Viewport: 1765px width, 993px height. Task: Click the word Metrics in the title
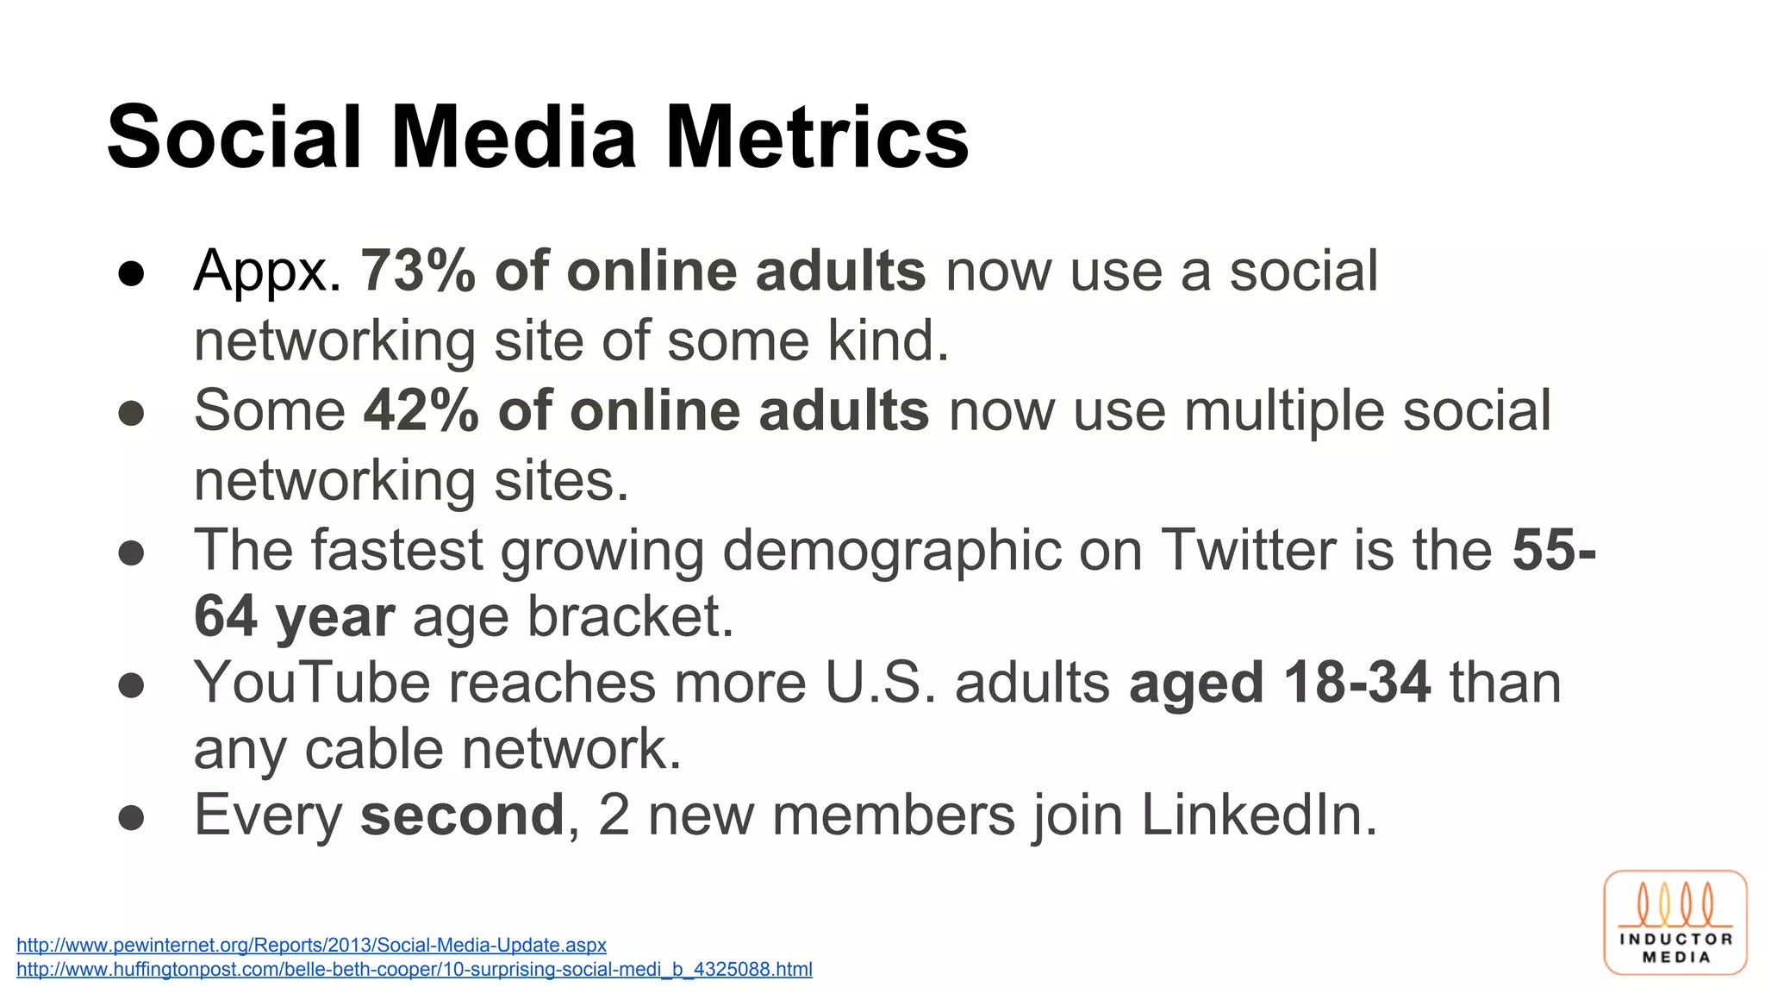coord(817,138)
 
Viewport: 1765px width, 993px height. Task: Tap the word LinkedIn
coord(1259,815)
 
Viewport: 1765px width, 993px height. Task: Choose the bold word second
coord(462,815)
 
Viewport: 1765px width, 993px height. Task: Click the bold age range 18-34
coord(1357,683)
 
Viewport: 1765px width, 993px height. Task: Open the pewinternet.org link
coord(311,945)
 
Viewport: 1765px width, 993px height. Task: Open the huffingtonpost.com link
coord(415,969)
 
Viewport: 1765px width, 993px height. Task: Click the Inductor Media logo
coord(1675,922)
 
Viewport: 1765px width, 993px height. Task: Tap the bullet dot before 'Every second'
coord(131,817)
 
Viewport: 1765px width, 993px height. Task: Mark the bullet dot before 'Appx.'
coord(131,273)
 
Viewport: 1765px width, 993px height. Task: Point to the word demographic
coord(891,552)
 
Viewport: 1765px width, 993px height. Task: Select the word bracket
coord(630,616)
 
